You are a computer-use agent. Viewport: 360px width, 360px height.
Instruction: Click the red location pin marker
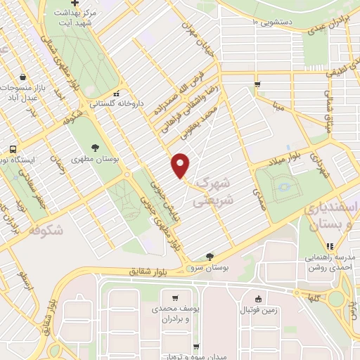[x=181, y=165]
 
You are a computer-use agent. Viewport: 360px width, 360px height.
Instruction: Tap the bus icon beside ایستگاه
[x=13, y=149]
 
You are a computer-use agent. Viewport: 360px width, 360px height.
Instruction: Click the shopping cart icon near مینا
[x=258, y=85]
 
